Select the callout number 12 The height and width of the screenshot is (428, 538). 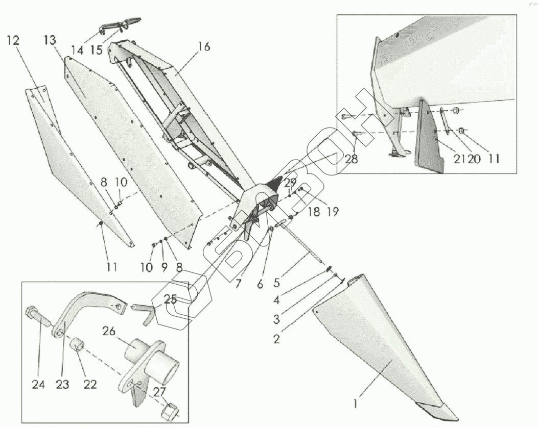(x=13, y=41)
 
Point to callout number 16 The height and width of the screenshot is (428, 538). (x=204, y=47)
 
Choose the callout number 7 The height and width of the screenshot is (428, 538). (x=238, y=284)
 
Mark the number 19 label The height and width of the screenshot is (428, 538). (x=333, y=212)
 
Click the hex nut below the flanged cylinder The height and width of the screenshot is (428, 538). (x=172, y=411)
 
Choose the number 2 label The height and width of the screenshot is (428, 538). (x=276, y=339)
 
